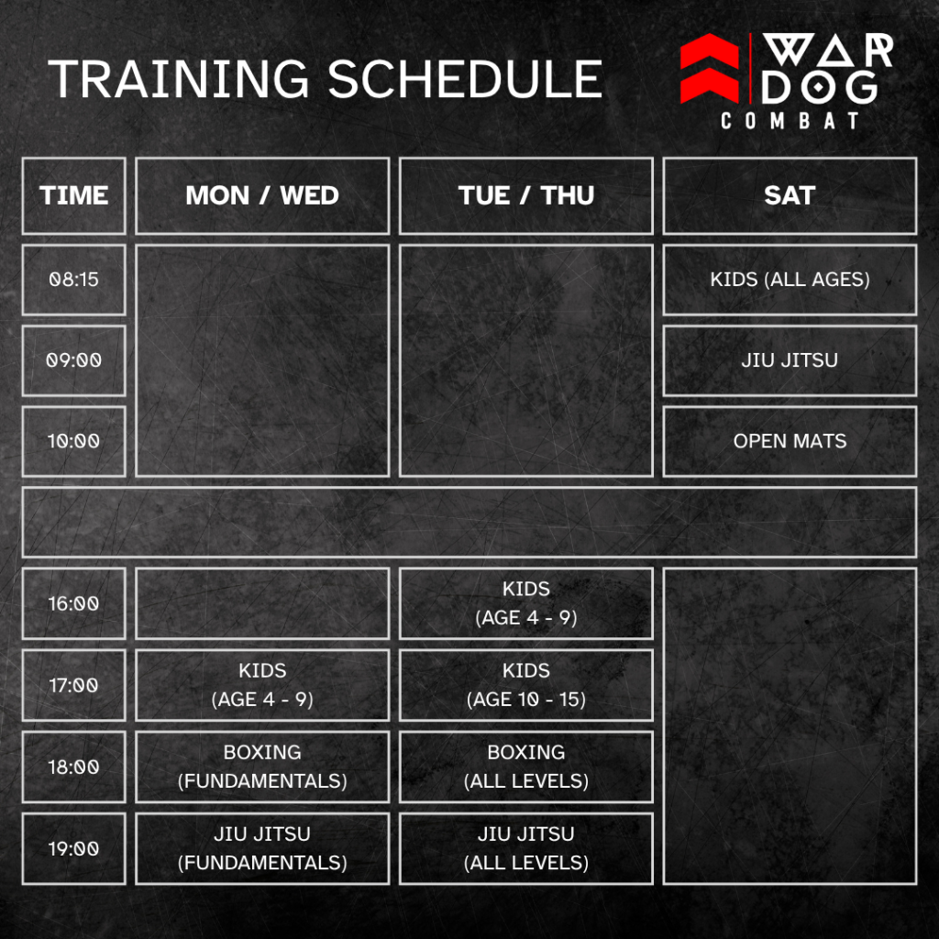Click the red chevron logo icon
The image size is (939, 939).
tap(710, 68)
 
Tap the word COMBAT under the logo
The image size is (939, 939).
tap(790, 120)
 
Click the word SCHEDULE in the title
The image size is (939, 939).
tap(465, 79)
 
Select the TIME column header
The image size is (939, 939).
tap(73, 196)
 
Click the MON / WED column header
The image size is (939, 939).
tap(262, 196)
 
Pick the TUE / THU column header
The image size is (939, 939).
tap(525, 196)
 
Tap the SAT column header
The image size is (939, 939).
tap(790, 196)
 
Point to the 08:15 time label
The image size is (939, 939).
tap(73, 280)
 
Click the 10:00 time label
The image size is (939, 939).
tap(73, 441)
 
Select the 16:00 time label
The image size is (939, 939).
tap(73, 603)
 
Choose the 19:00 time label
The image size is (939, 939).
tap(73, 848)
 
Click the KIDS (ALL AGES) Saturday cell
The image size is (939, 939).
tap(790, 280)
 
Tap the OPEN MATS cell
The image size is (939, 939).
tap(790, 441)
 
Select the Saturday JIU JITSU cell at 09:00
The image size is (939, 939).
tap(790, 360)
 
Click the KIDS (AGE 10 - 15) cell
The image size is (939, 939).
tap(525, 685)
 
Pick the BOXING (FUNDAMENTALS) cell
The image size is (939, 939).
tap(262, 767)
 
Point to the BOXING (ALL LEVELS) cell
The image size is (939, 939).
tap(525, 767)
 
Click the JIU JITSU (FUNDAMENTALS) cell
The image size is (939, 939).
tap(262, 848)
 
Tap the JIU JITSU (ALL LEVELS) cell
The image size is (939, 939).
tap(525, 848)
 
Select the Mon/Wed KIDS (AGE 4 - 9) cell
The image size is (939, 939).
tap(262, 685)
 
